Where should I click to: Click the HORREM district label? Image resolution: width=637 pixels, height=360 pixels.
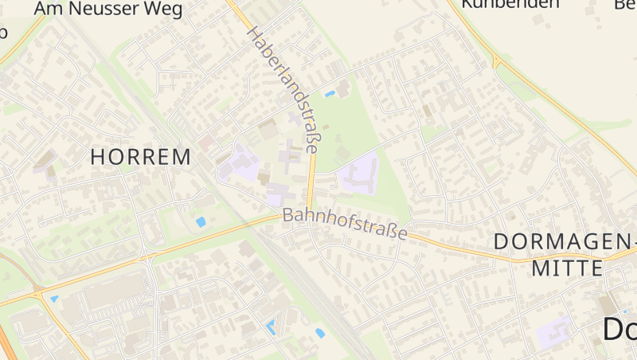point(140,157)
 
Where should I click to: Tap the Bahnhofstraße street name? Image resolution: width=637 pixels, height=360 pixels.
point(345,225)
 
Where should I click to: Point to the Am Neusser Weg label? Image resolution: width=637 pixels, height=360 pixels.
point(108,9)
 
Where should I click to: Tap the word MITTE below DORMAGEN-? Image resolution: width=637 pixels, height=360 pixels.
point(561,268)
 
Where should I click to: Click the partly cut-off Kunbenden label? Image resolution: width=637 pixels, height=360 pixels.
point(510,4)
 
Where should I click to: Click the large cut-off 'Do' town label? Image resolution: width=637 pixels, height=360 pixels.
point(619,329)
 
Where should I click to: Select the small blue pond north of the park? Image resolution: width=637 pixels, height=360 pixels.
point(330,94)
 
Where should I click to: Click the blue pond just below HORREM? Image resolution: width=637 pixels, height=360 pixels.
point(200,222)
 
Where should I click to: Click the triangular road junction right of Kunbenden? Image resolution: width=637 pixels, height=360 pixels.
point(497,61)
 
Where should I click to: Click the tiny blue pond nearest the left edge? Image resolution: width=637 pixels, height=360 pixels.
point(54,299)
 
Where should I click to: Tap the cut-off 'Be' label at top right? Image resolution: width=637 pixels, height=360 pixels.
point(625,4)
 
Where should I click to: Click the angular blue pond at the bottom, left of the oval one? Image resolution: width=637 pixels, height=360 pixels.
point(272,327)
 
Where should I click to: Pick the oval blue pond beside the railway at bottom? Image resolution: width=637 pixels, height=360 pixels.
point(320,333)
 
